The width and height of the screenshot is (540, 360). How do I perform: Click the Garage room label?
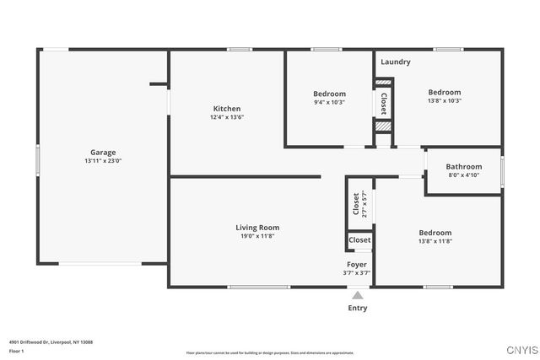(x=103, y=153)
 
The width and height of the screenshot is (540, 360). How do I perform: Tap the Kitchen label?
(x=226, y=109)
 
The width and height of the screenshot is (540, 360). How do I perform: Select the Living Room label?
(x=256, y=228)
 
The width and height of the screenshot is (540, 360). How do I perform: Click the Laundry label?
(x=395, y=62)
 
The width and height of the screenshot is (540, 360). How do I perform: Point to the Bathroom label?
(x=463, y=167)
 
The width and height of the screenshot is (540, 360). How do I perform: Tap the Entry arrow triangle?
(x=358, y=296)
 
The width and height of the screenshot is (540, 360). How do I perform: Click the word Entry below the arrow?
(x=358, y=309)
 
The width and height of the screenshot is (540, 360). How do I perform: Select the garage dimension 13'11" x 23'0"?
(x=103, y=161)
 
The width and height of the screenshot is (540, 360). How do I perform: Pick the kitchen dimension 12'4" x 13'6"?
(x=226, y=118)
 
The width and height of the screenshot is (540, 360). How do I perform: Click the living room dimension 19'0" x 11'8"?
(x=256, y=236)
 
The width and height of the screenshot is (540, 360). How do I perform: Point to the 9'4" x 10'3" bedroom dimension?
(x=329, y=102)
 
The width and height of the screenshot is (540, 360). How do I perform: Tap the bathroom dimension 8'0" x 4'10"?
(x=463, y=175)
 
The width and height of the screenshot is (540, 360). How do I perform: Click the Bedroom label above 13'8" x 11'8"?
(x=435, y=233)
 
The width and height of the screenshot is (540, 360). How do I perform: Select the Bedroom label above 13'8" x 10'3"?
(x=444, y=93)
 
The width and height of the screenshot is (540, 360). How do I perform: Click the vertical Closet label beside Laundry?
(x=384, y=104)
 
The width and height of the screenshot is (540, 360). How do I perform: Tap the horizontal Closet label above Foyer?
(x=359, y=240)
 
